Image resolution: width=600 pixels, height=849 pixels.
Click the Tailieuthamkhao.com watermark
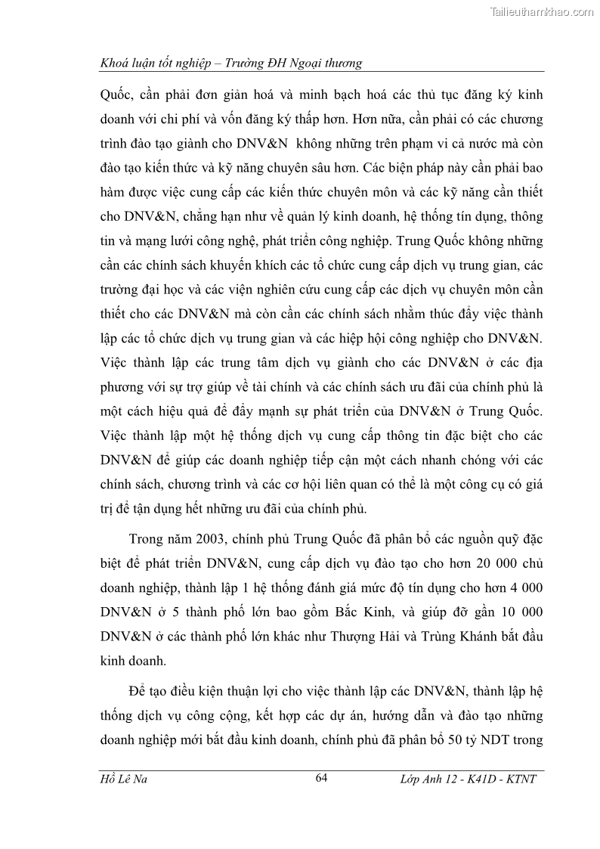click(x=542, y=11)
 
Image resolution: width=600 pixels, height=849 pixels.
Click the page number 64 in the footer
click(x=323, y=779)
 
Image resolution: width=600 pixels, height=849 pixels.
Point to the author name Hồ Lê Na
click(x=125, y=779)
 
